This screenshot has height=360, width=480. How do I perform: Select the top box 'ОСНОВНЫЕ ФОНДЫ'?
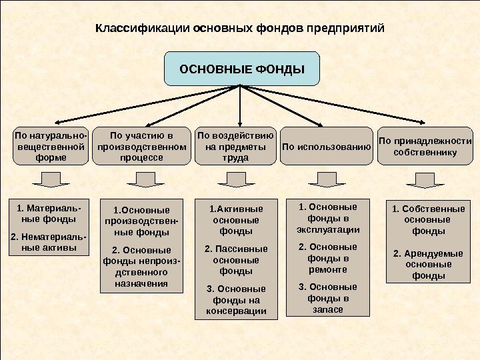tap(242, 69)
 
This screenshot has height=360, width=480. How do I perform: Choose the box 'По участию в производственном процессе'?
tap(141, 147)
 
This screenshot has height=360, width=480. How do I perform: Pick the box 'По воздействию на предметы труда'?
tap(235, 147)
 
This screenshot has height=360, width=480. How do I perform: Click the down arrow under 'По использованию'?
tap(327, 180)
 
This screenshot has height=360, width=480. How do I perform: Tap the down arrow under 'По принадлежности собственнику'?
tap(421, 180)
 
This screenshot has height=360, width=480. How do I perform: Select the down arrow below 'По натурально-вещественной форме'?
tap(46, 180)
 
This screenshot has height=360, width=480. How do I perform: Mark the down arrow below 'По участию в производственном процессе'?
tap(141, 180)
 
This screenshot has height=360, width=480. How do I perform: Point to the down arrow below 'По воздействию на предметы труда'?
tap(232, 180)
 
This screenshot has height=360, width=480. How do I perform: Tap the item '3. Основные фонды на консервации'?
tap(236, 299)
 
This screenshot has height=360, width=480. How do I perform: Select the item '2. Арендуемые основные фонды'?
tap(427, 264)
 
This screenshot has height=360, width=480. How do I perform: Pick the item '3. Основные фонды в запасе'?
tap(327, 298)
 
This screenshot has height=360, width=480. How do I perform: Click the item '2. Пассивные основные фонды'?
tap(236, 260)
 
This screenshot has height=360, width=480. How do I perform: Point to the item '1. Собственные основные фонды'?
tap(427, 220)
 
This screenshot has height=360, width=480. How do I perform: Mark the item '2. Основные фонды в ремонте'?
tap(327, 258)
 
